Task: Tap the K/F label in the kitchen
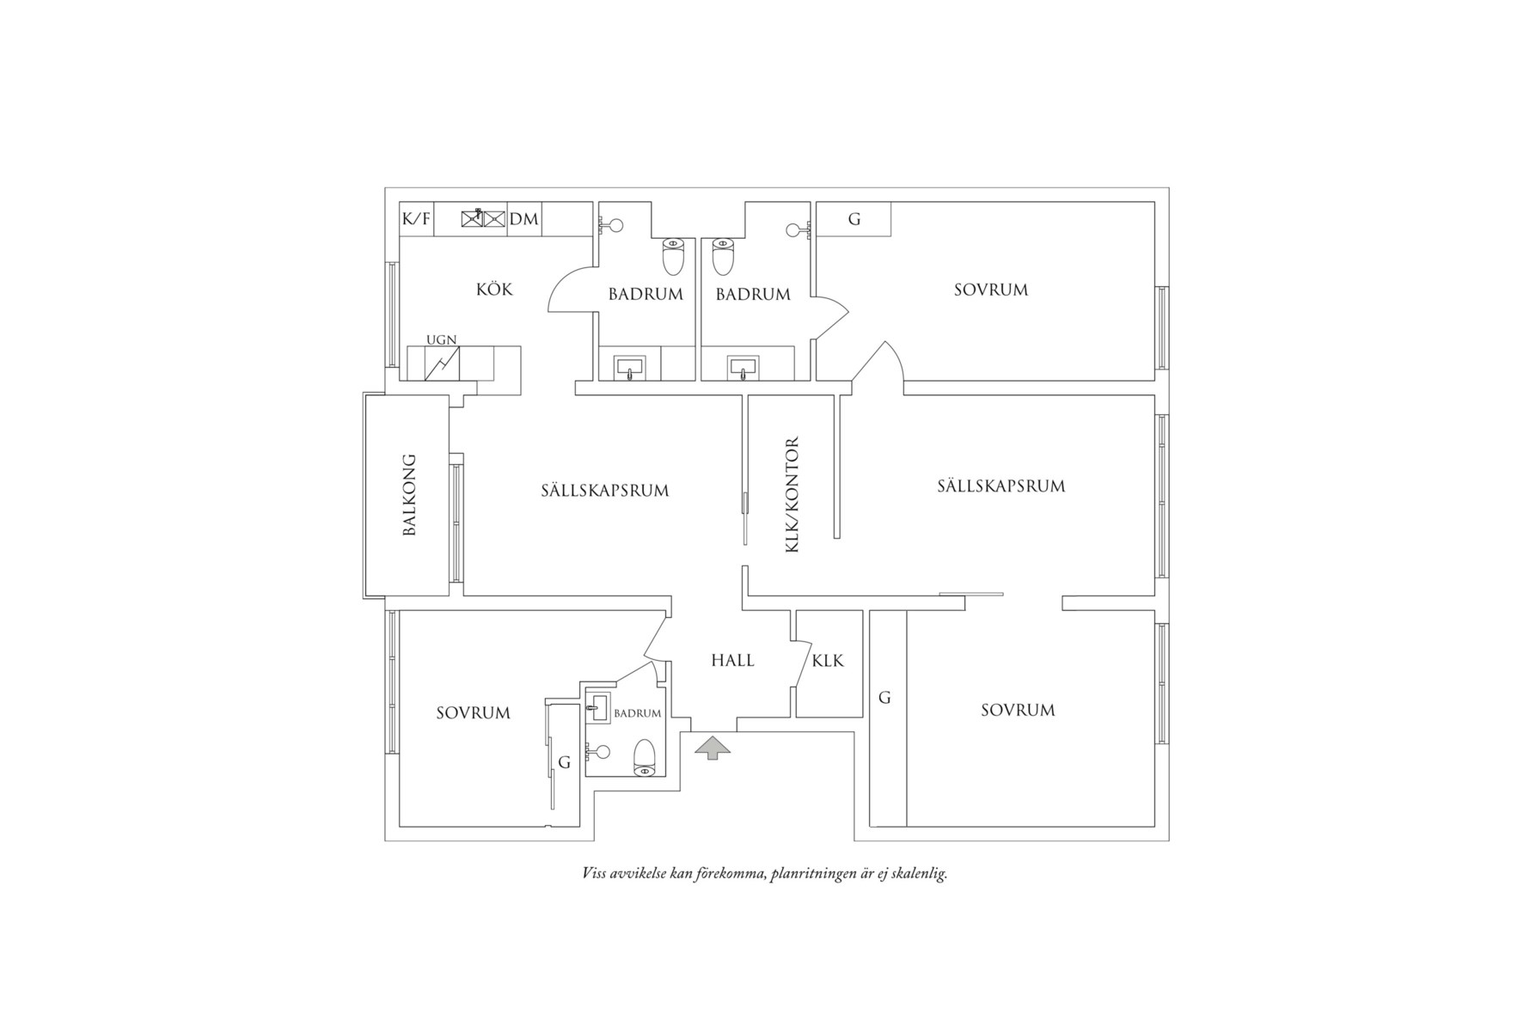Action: (x=416, y=219)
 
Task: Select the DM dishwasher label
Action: (x=523, y=219)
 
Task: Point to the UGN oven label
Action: (x=442, y=340)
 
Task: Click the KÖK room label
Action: (x=494, y=290)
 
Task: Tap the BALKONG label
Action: (x=409, y=495)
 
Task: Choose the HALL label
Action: (x=732, y=661)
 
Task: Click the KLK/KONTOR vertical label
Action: (x=793, y=495)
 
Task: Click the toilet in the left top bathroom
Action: (x=673, y=255)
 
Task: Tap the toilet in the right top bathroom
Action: (x=723, y=255)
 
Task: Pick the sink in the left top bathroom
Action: (x=630, y=368)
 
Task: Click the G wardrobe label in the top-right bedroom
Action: (x=854, y=219)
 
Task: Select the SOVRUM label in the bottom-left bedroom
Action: (x=473, y=713)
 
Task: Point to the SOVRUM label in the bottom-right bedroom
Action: (x=1018, y=711)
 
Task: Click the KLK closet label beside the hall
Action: (x=828, y=661)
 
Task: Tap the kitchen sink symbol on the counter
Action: (x=482, y=218)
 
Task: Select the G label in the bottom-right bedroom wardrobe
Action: (x=884, y=698)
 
